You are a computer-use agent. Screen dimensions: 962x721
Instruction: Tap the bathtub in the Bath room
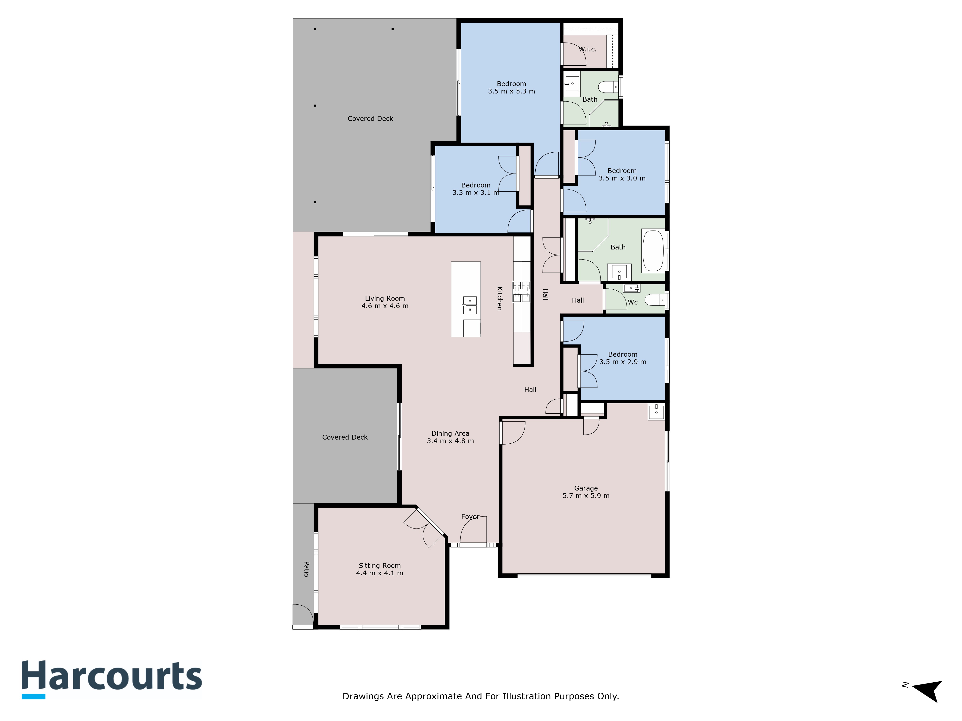653,251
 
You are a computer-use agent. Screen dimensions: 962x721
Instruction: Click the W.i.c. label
588,49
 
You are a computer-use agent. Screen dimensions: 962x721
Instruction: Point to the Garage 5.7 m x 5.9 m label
586,492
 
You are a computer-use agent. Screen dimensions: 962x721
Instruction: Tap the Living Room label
385,298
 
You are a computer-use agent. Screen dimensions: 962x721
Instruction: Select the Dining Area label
450,433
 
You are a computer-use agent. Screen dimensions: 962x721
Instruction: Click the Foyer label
470,517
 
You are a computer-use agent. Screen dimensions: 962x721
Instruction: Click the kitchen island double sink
470,305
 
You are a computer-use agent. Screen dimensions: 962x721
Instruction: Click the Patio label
306,569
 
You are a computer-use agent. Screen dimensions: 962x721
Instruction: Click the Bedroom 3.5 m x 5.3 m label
512,87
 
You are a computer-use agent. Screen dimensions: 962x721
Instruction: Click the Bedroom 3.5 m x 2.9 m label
623,358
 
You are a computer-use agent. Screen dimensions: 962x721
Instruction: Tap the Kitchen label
500,298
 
